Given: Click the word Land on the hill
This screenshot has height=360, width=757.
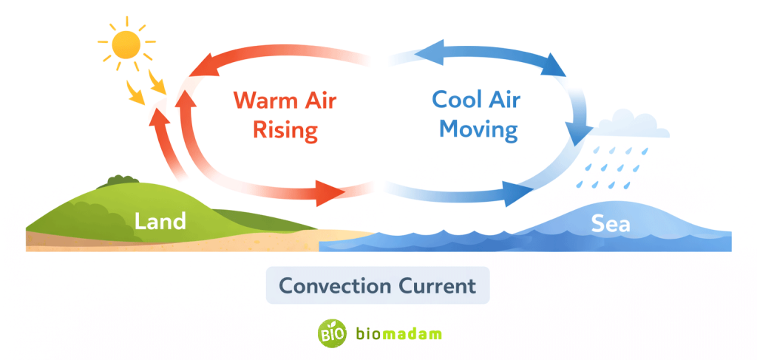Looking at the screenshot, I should (x=160, y=220).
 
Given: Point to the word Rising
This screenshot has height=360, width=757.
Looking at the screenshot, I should (x=285, y=131).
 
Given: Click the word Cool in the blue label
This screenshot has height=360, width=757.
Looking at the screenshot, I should (x=457, y=99).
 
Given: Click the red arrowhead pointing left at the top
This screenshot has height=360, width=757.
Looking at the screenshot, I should (x=202, y=68).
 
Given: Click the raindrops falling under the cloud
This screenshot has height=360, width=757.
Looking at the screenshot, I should (x=610, y=166).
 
